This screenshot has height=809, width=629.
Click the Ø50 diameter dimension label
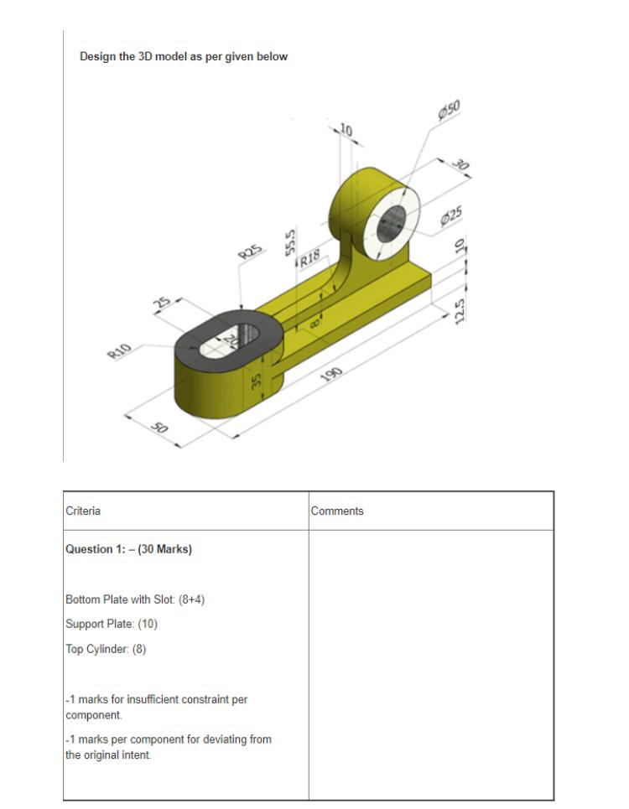click(x=450, y=111)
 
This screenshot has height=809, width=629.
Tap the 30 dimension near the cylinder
click(x=459, y=165)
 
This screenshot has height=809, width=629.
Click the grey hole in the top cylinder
click(x=390, y=224)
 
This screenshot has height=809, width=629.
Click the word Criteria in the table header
click(x=83, y=511)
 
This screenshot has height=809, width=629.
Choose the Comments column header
click(x=337, y=511)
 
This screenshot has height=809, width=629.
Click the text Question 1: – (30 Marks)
click(x=128, y=549)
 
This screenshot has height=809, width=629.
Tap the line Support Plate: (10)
click(x=112, y=624)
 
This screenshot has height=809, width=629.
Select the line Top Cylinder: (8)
click(x=106, y=649)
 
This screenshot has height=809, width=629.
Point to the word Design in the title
click(x=96, y=57)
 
